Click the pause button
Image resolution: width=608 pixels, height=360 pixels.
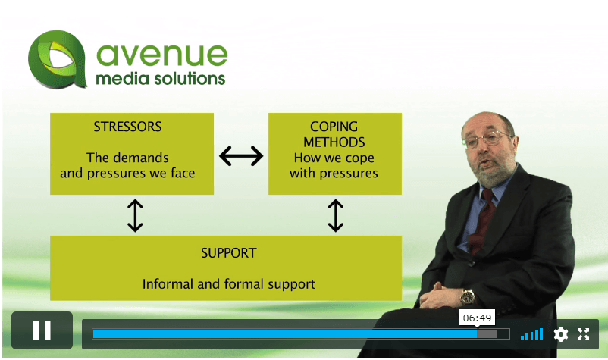[x=42, y=330]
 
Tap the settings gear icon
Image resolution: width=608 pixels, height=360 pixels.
[x=561, y=334]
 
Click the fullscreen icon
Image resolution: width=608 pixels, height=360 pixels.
[x=583, y=334]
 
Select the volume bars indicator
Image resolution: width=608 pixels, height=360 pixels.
[x=531, y=334]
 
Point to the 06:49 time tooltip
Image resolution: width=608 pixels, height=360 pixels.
[x=477, y=318]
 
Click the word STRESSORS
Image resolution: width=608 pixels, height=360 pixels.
[x=127, y=127]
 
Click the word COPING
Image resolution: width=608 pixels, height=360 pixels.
[x=334, y=127]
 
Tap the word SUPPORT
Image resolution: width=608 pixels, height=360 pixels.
[x=228, y=253]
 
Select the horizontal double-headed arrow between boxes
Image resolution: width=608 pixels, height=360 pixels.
[x=241, y=156]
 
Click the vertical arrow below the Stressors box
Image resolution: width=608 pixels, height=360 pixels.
[x=135, y=215]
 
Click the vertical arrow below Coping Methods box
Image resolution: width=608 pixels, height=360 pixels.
[x=336, y=215]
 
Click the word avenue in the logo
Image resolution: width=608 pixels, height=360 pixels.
[x=161, y=55]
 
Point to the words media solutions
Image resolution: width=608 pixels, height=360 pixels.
[x=161, y=79]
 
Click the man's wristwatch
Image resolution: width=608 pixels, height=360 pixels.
[x=467, y=297]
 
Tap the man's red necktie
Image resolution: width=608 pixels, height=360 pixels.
[x=483, y=221]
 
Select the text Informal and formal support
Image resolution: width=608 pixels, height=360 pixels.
[x=228, y=284]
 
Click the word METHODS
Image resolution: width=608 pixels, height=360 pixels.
[x=334, y=142]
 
